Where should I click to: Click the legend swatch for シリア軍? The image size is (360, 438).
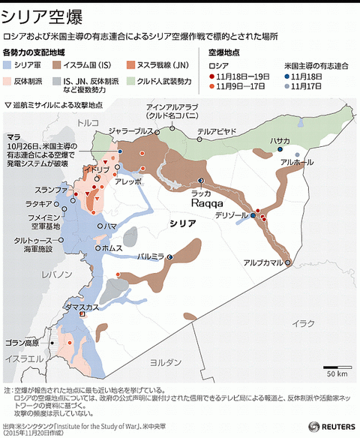[x=9, y=66]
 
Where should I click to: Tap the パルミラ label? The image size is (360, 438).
[x=151, y=256]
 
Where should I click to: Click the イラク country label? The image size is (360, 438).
[x=304, y=322]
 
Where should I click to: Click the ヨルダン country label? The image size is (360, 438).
[x=165, y=361]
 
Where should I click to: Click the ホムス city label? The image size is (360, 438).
[x=112, y=247]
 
